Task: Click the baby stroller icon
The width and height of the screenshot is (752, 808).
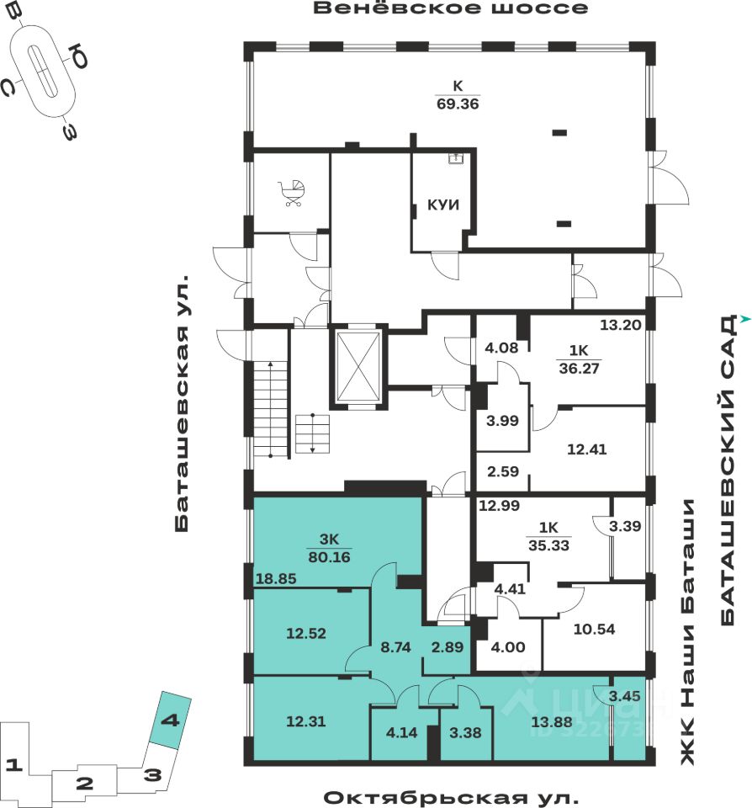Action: pos(292,194)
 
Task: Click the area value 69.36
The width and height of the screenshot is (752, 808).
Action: pos(458,104)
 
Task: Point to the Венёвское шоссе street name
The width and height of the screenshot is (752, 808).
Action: pos(450,9)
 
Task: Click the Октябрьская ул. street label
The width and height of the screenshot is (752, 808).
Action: pos(451,796)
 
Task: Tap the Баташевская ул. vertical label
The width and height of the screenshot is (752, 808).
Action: pos(184,402)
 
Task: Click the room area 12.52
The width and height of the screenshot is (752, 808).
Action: pos(282,633)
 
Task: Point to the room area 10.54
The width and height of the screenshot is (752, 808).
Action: pos(595,629)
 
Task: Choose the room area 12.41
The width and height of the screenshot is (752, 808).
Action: pos(586,449)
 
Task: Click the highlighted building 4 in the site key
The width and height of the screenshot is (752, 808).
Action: pos(170,721)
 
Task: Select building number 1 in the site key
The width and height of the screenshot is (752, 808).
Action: pos(12,765)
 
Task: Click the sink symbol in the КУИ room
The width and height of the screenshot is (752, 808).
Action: pos(456,157)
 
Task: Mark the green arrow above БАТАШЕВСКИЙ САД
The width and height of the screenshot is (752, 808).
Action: pos(744,318)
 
